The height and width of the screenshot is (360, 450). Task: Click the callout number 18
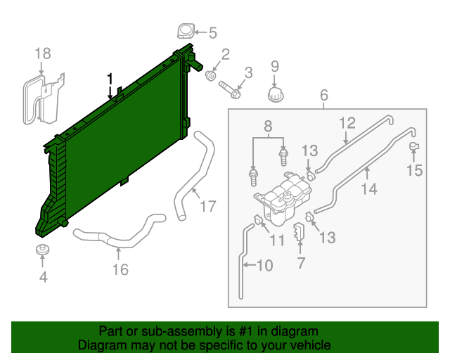point(43,53)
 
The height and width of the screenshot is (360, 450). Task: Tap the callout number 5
point(212,32)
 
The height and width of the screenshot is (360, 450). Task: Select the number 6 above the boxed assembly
point(324,95)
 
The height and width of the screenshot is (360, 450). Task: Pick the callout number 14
point(369,188)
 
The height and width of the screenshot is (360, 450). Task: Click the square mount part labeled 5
point(186,32)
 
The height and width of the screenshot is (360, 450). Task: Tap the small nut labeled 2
point(210,75)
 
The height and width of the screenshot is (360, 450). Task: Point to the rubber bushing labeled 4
point(44,252)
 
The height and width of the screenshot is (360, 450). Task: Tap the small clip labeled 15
point(414,146)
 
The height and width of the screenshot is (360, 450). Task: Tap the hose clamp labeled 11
point(259,222)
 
